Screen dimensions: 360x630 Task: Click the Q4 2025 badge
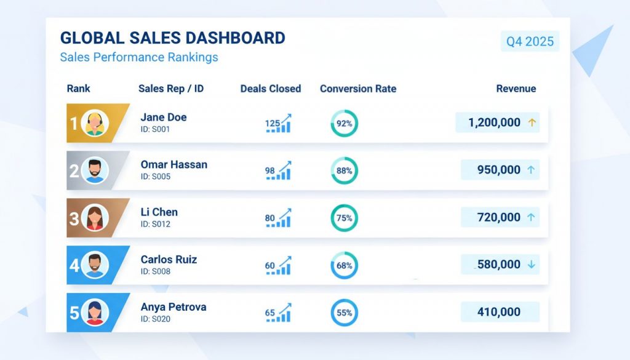[x=530, y=42]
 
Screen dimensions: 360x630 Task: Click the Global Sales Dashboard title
[x=172, y=38]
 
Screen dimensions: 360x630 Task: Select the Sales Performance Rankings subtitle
[x=139, y=57]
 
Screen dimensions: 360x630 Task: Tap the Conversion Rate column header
[x=358, y=89]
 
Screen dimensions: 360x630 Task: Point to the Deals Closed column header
[x=271, y=89]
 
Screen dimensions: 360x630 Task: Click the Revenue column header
[x=516, y=89]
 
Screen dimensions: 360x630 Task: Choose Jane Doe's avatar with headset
[x=95, y=123]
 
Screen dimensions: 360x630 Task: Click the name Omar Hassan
[x=173, y=164]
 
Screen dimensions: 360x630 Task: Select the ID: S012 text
[x=155, y=224]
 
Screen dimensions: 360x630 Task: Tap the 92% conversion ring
[x=344, y=123]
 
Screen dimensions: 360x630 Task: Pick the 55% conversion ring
[x=344, y=313]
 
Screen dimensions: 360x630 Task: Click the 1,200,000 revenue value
[x=494, y=122]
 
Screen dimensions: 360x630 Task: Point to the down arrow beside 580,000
[x=532, y=265]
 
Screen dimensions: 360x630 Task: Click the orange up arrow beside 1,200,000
[x=532, y=122]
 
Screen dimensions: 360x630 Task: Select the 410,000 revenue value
[x=498, y=312]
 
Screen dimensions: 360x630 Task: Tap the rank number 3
[x=74, y=218]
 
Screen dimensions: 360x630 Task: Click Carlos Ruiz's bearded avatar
[x=95, y=265]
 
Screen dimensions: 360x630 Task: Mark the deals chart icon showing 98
[x=279, y=170]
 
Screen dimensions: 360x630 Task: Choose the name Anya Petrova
[x=173, y=306]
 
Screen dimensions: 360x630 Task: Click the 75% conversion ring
[x=344, y=218]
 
